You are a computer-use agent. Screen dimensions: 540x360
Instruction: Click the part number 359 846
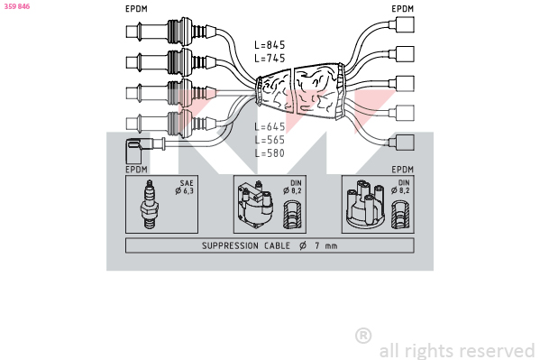(x=17, y=6)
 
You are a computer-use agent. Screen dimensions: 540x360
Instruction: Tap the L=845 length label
(x=270, y=45)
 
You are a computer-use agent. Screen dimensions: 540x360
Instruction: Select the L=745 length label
(x=270, y=58)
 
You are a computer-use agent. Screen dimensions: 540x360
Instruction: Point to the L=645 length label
(x=270, y=126)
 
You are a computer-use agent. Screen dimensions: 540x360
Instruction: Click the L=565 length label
(x=270, y=140)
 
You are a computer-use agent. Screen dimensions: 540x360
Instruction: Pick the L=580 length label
(x=270, y=152)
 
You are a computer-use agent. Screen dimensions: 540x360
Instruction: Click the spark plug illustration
(x=150, y=204)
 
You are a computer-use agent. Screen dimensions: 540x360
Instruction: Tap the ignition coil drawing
(x=255, y=205)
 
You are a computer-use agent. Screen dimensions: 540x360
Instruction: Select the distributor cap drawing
(x=365, y=204)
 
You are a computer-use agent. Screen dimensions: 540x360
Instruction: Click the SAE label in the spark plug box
(x=187, y=183)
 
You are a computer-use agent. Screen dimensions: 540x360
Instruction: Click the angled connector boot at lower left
(x=139, y=150)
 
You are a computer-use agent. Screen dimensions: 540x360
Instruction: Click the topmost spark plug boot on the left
(x=171, y=32)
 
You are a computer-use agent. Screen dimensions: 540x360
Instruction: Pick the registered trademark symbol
(x=363, y=336)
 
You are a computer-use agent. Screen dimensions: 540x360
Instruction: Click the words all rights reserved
(x=457, y=351)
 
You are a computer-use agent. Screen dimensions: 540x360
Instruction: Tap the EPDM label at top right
(x=402, y=9)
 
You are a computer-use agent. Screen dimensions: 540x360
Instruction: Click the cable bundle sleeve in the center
(x=300, y=91)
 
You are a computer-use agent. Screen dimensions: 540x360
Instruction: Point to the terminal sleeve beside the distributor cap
(x=400, y=215)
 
